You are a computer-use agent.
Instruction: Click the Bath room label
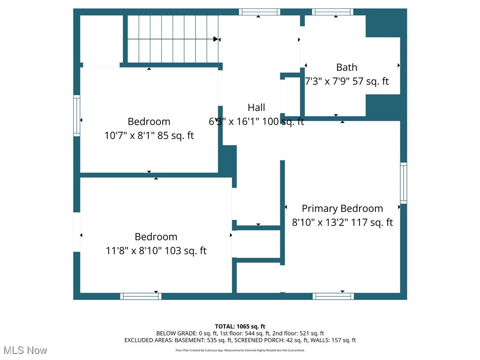point(346,67)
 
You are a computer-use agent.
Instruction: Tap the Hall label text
point(256,107)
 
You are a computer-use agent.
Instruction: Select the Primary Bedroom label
point(342,209)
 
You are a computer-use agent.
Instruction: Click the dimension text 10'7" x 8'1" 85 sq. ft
point(149,136)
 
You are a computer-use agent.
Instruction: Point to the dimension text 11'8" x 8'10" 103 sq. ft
point(156,251)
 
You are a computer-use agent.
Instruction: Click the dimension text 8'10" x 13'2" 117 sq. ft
point(342,223)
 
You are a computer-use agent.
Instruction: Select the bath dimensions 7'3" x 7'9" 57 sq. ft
point(347,82)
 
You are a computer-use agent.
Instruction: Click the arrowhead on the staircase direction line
point(216,39)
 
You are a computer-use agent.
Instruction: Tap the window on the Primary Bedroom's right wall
point(403,183)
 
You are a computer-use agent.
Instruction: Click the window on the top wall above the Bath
point(333,12)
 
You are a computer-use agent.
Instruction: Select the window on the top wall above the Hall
point(259,12)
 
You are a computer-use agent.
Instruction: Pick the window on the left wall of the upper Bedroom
point(76,116)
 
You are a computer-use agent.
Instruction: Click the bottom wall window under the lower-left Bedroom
point(141,296)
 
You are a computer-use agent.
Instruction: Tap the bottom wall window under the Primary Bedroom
point(333,296)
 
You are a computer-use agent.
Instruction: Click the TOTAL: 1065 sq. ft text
point(240,326)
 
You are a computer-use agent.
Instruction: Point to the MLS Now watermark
point(24,350)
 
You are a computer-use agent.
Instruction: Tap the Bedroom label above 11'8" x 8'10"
point(156,237)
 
